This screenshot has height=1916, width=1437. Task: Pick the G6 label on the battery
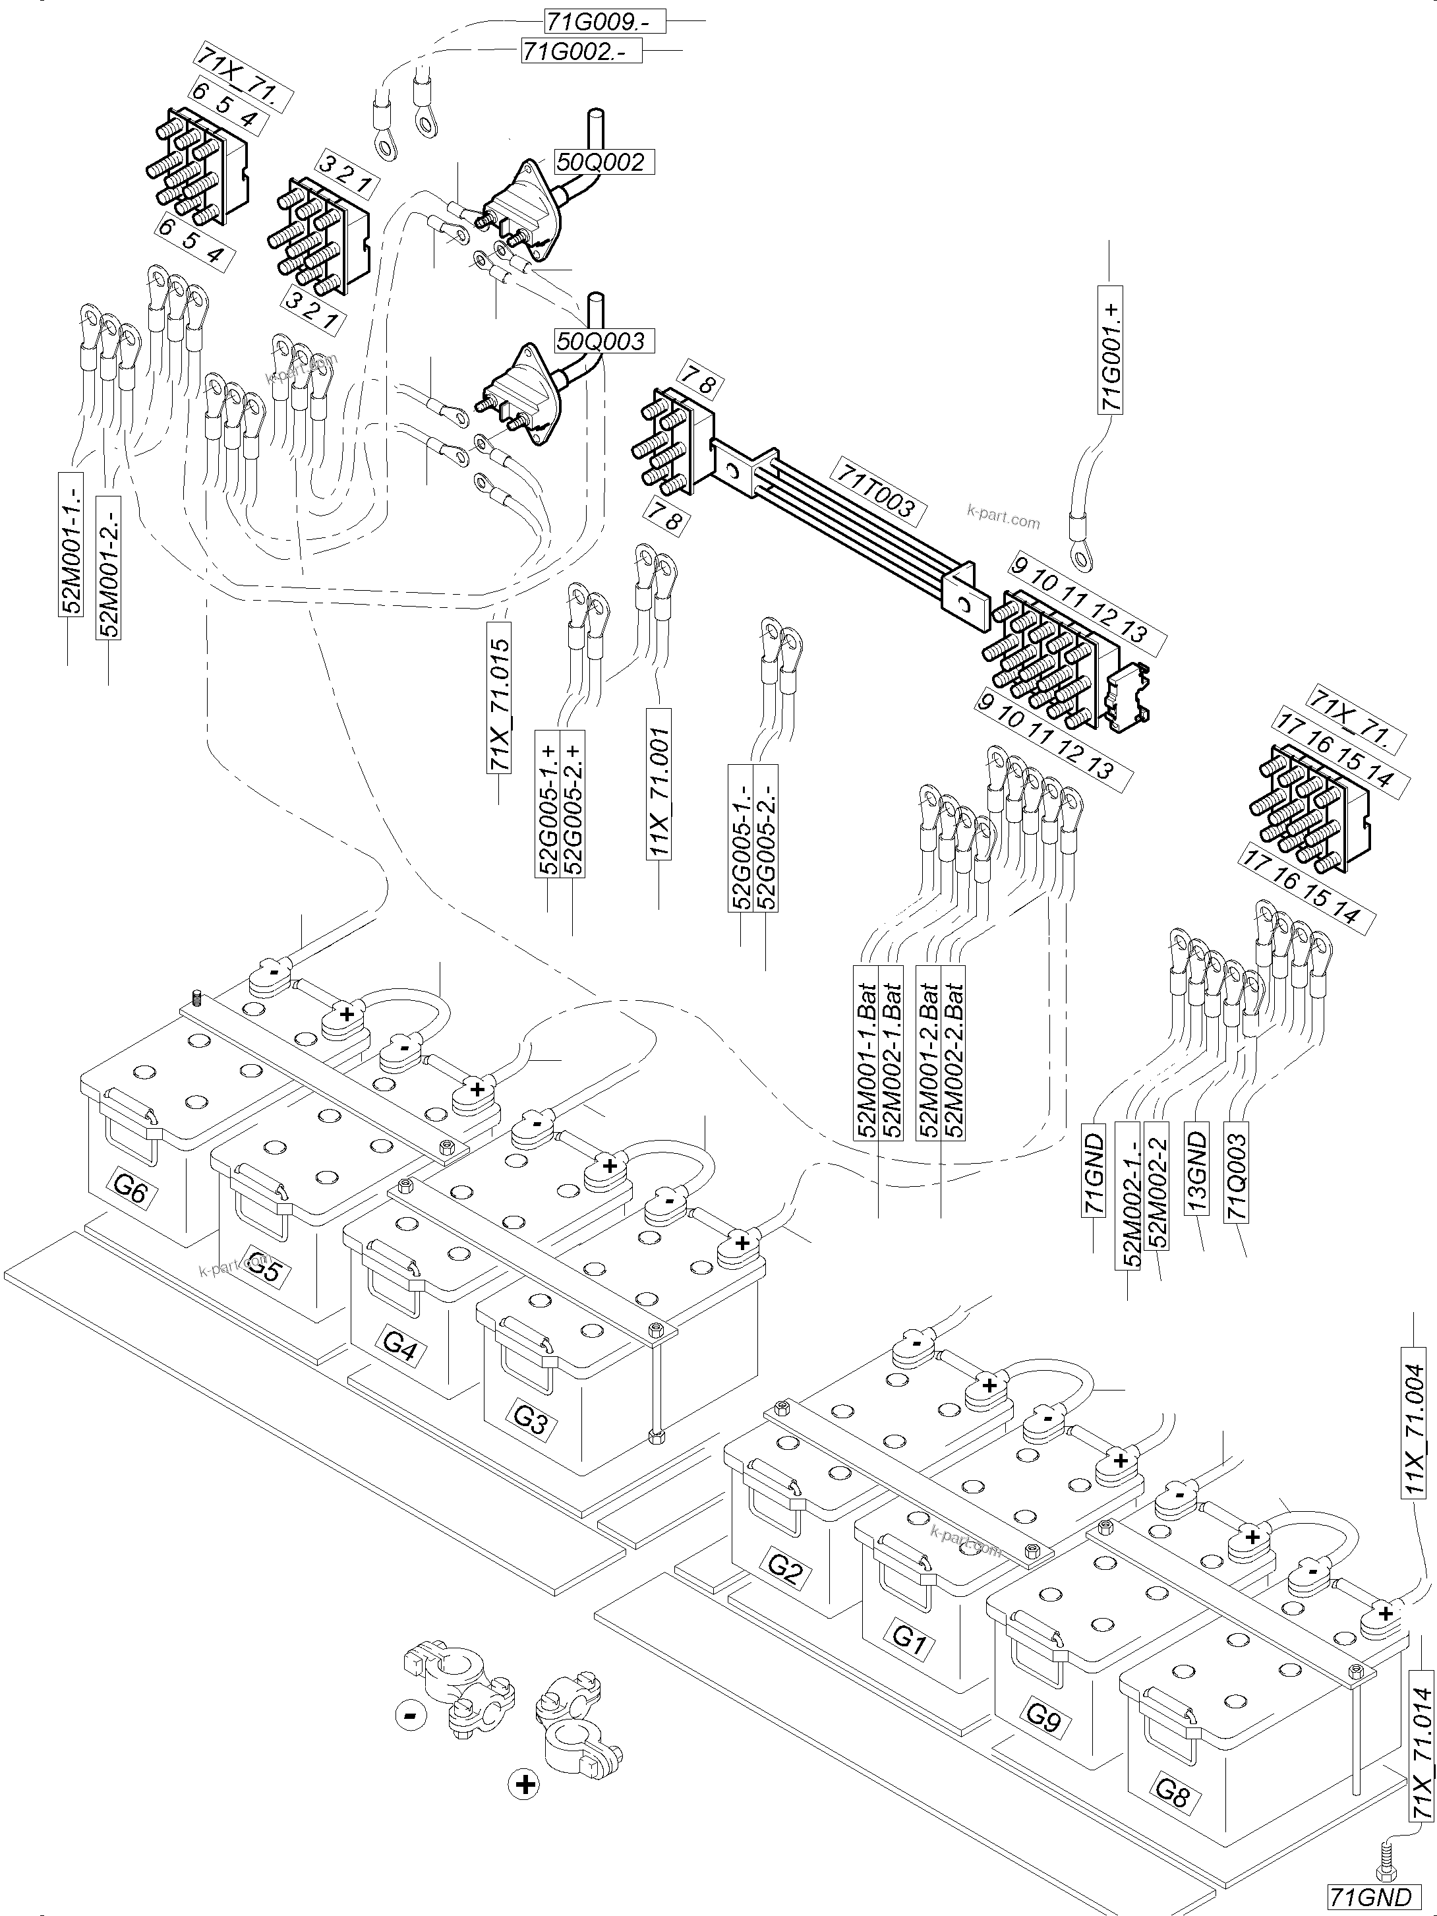[x=129, y=1191]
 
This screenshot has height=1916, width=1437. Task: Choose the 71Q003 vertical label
[x=1237, y=1171]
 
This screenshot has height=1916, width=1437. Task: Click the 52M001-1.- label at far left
[x=71, y=544]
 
